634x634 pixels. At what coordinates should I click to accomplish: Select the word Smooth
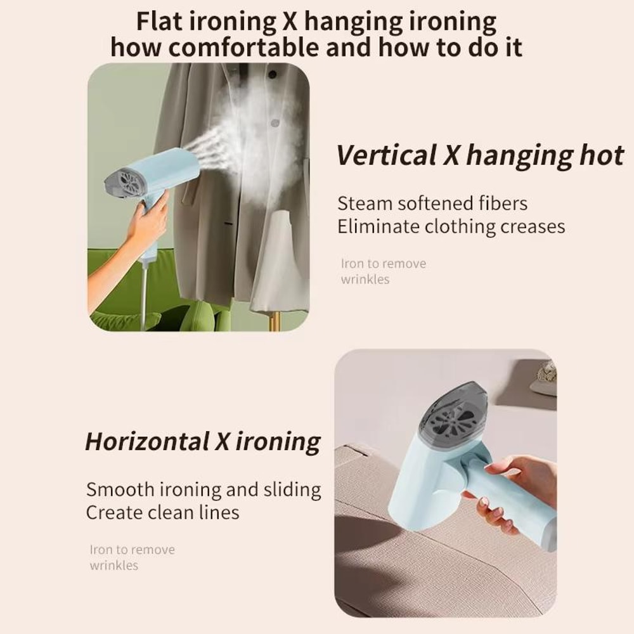tap(120, 489)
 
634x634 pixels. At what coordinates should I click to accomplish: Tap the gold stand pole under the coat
tap(274, 321)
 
